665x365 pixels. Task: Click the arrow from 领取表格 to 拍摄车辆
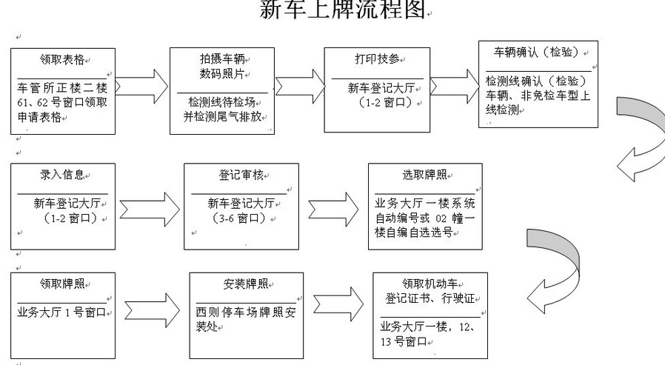pyautogui.click(x=141, y=87)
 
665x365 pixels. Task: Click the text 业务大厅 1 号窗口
pyautogui.click(x=62, y=311)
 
